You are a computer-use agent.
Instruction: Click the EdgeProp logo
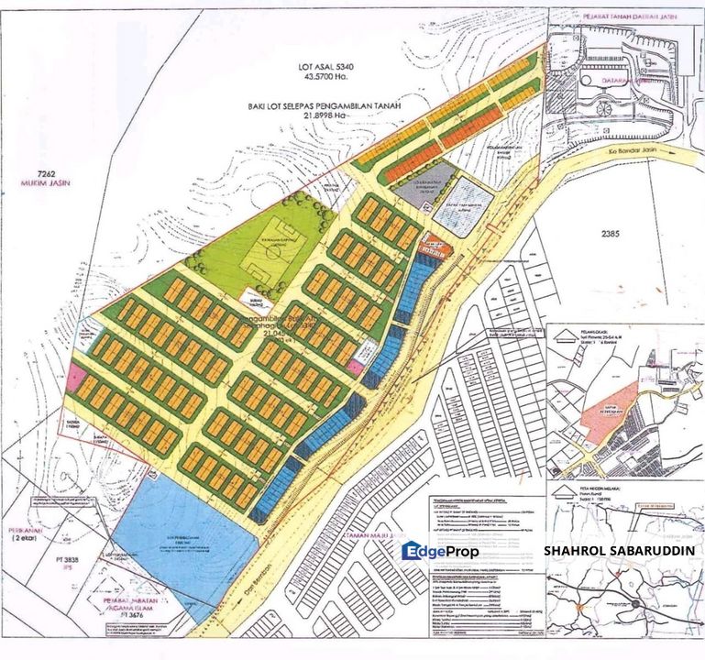439,550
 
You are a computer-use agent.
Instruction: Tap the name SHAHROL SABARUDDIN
619,551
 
